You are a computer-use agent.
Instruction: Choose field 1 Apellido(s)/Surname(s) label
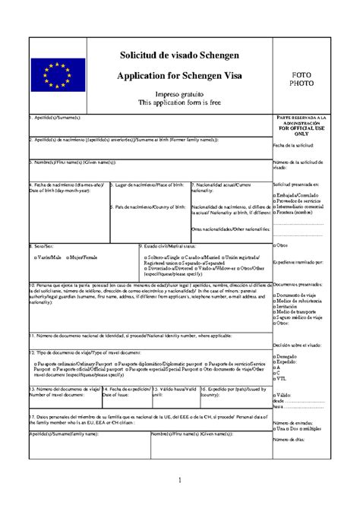[54, 118]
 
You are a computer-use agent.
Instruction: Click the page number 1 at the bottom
[181, 479]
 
